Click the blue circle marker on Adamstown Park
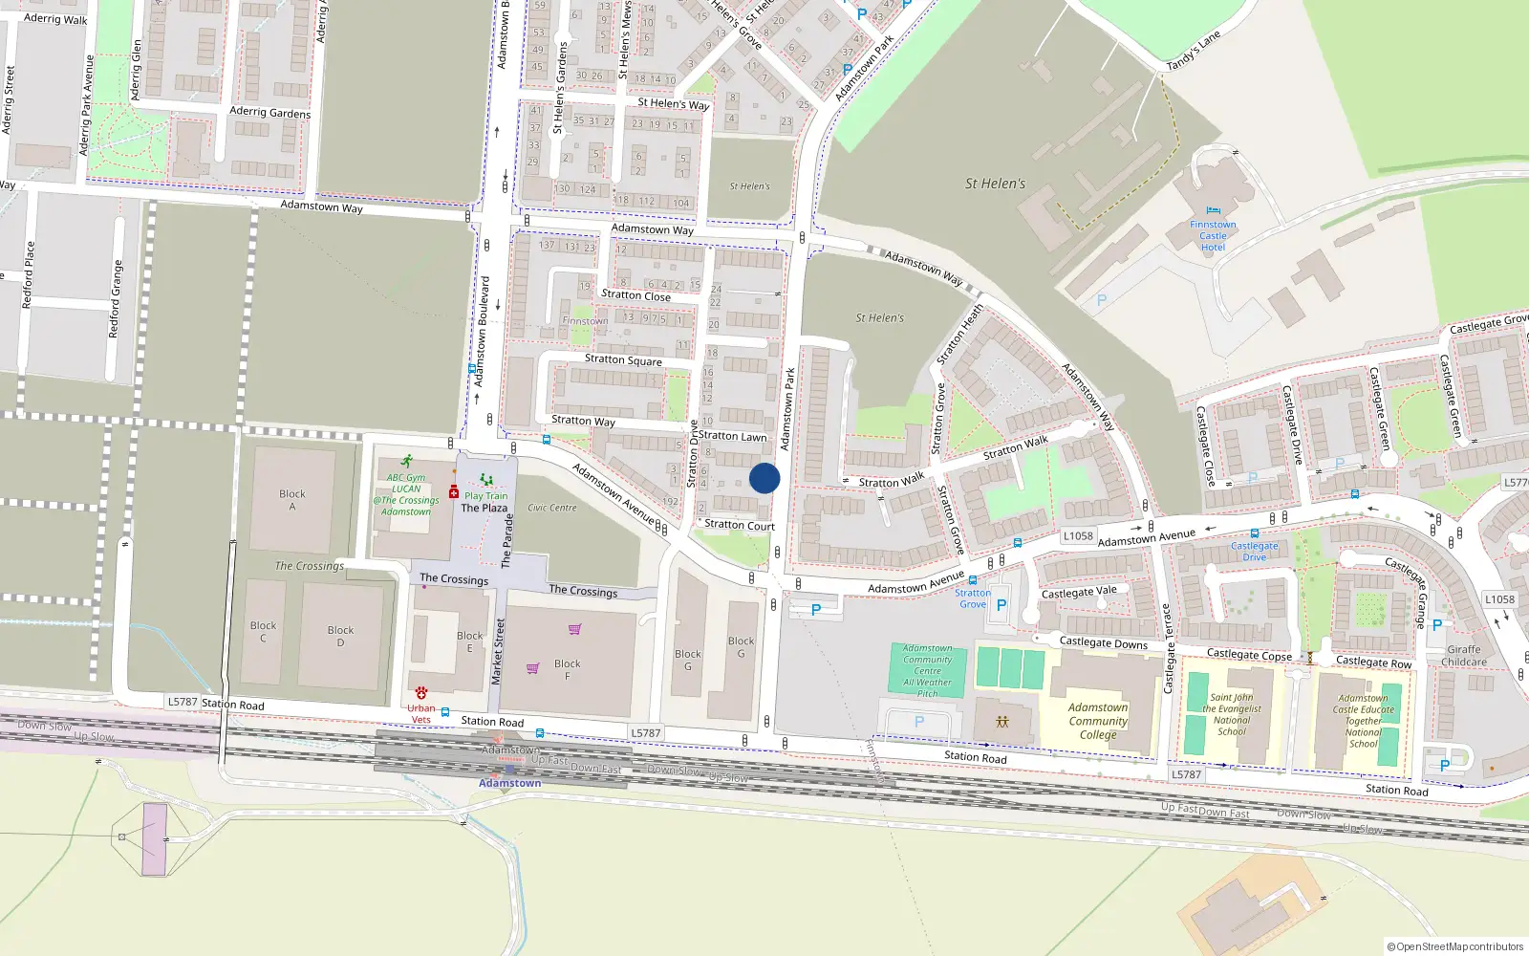click(764, 478)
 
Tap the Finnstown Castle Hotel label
click(1213, 235)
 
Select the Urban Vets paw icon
click(420, 693)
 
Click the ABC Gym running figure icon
click(407, 461)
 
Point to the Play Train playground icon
click(486, 481)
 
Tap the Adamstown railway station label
click(509, 783)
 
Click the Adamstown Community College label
click(1098, 721)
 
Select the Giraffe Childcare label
click(1463, 655)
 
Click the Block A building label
click(292, 500)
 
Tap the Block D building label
click(340, 636)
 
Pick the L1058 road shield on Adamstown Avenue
click(1078, 536)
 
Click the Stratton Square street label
click(623, 359)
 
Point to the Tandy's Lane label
click(1194, 51)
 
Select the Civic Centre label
click(552, 508)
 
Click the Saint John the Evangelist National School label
click(1232, 714)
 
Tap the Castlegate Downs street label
click(1103, 642)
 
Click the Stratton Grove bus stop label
click(973, 598)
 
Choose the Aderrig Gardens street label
click(270, 112)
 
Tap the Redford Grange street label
click(116, 298)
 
